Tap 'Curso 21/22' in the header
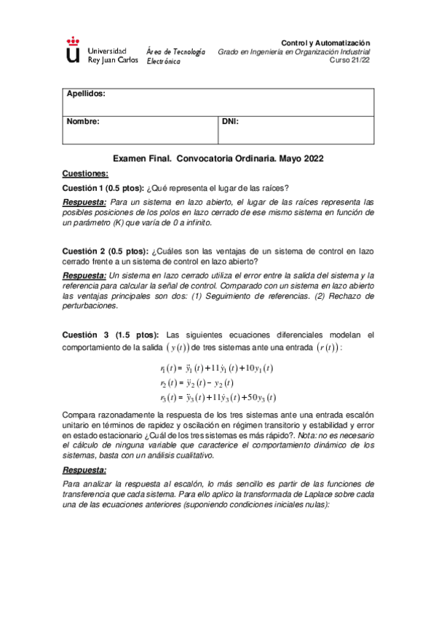point(350,61)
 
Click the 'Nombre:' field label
point(83,122)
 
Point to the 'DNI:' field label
point(230,122)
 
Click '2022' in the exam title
point(309,158)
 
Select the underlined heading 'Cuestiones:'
point(85,173)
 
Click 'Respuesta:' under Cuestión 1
point(84,202)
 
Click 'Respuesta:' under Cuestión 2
point(84,276)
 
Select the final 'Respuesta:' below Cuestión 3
point(84,470)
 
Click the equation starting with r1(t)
point(217,369)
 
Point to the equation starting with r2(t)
point(197,383)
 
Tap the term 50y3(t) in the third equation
point(261,397)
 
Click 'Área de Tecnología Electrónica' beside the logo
point(175,57)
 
